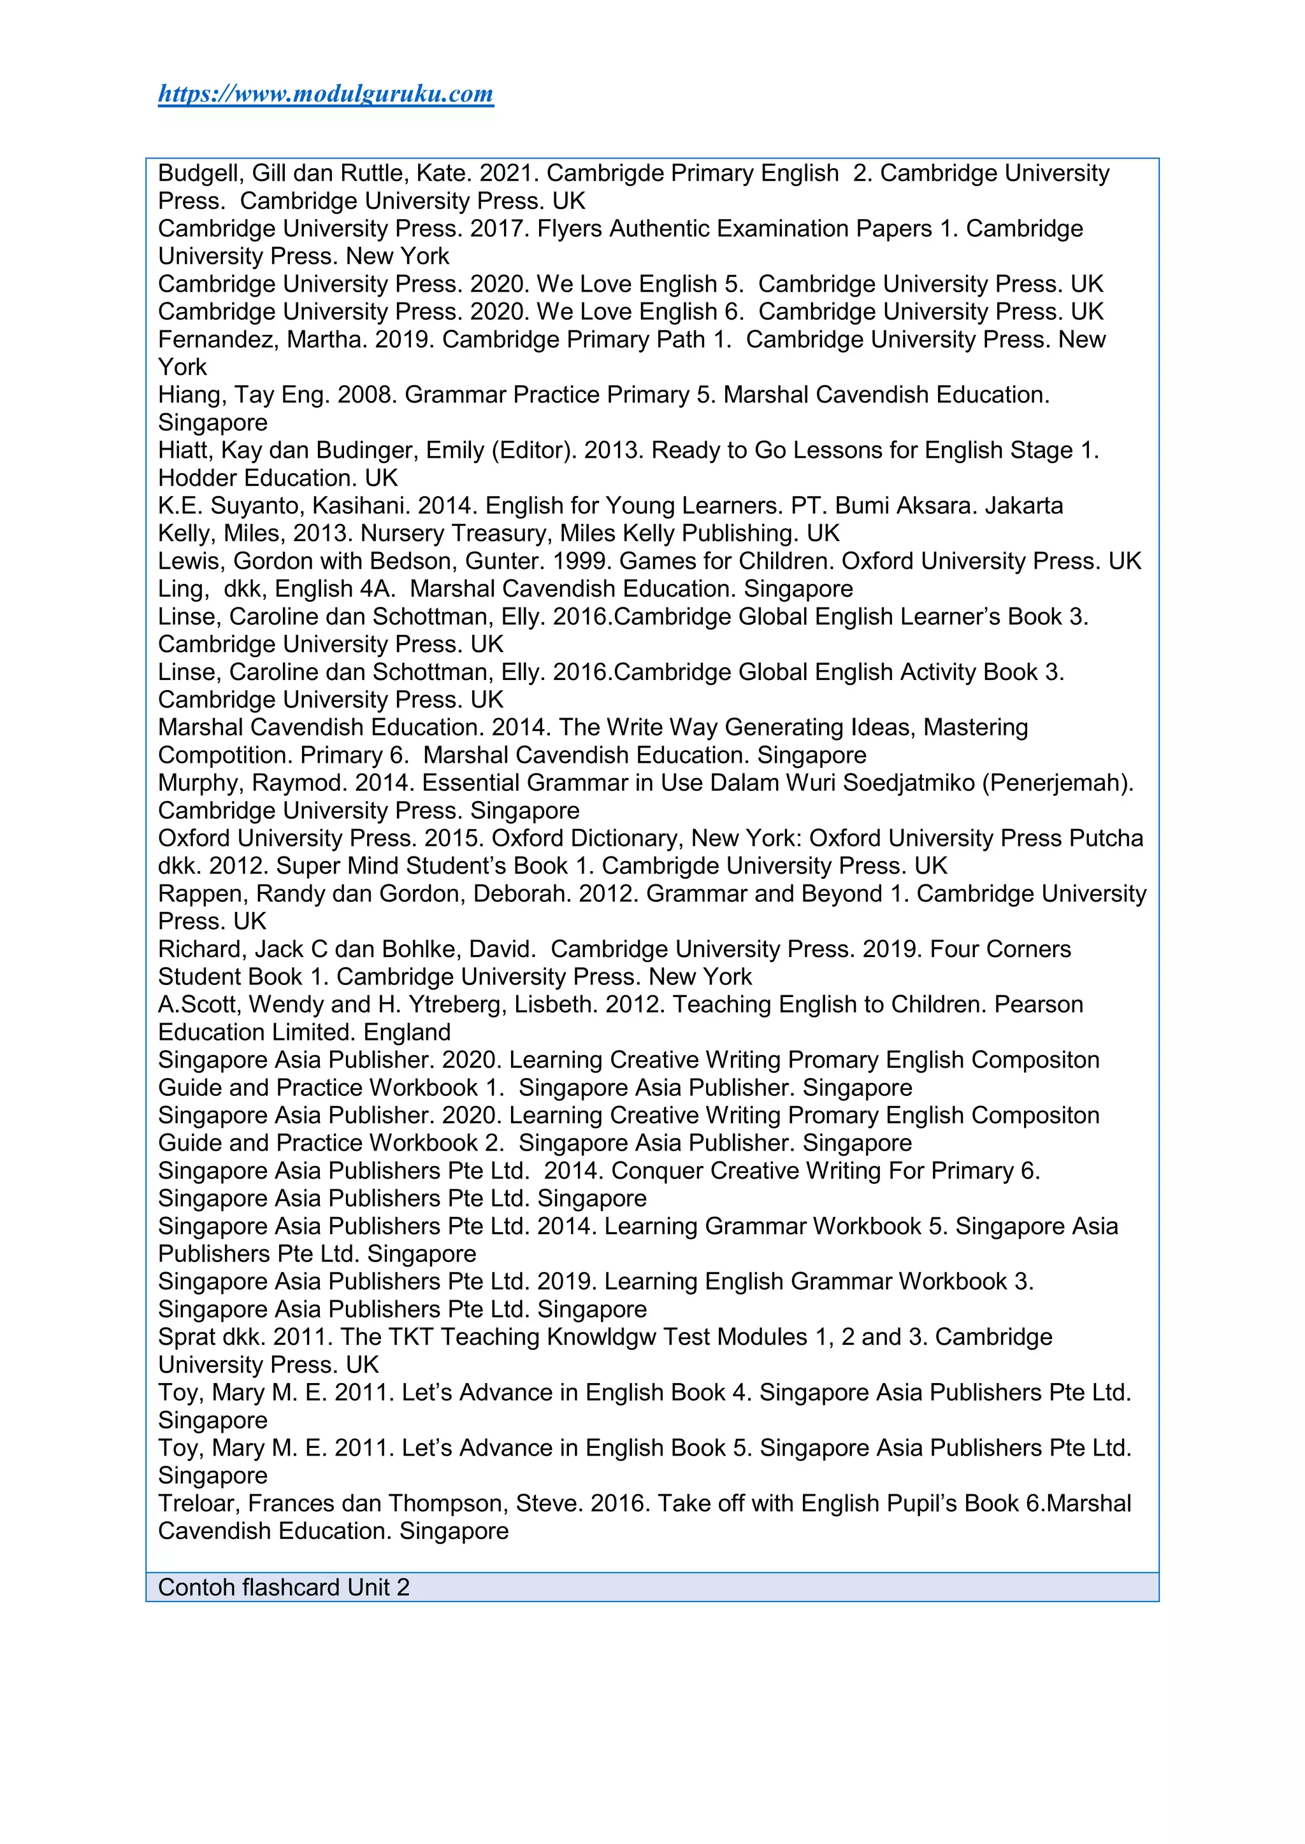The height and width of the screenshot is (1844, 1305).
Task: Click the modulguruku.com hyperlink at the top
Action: [326, 94]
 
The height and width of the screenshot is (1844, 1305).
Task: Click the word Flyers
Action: [570, 229]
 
